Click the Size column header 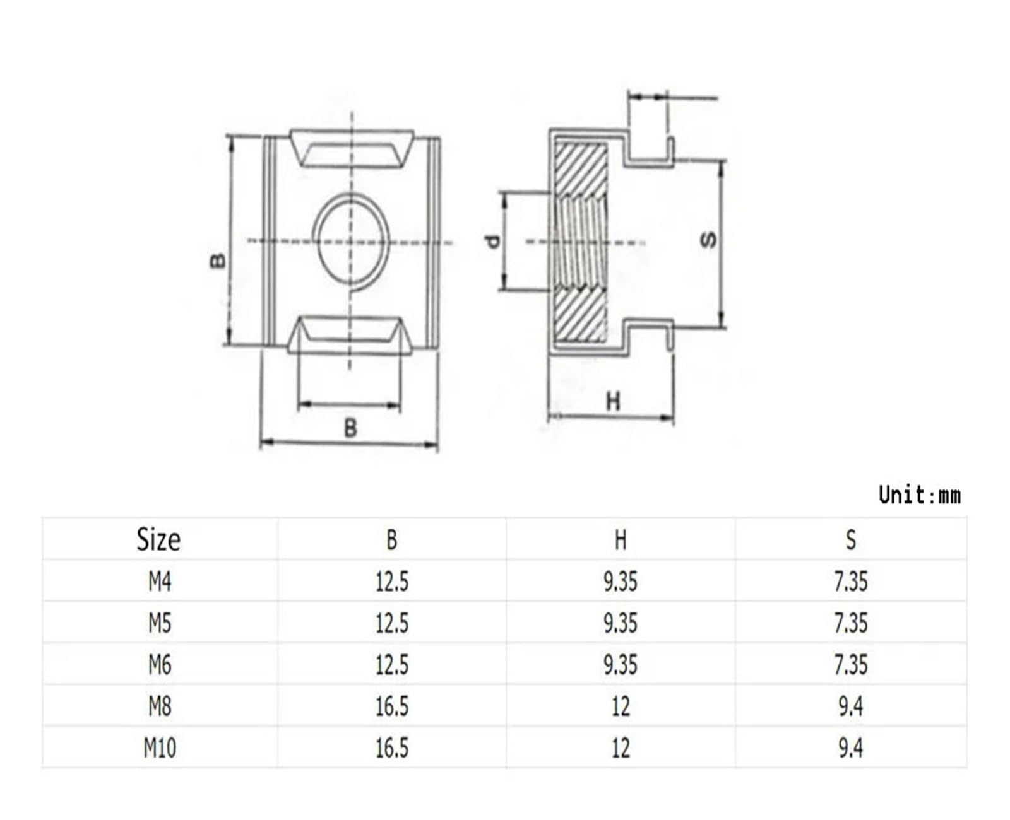tap(158, 539)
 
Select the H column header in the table tap(621, 540)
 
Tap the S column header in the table tap(851, 540)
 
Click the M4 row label tap(160, 582)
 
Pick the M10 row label tap(160, 748)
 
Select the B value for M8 tap(392, 706)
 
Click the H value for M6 tap(621, 665)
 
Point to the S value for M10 tap(851, 748)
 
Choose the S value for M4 tap(851, 582)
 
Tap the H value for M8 tap(621, 706)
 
